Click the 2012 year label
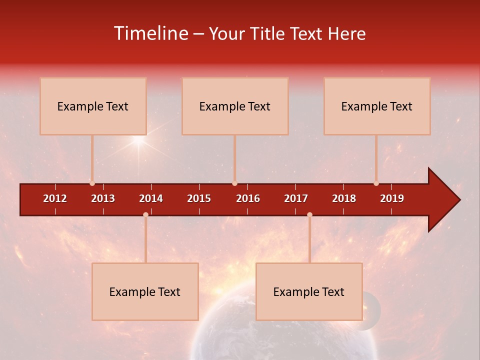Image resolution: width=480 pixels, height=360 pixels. (x=55, y=198)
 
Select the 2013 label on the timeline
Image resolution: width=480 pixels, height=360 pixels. (x=103, y=198)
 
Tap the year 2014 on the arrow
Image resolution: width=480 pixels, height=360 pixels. (x=151, y=198)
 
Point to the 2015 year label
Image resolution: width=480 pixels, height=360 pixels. (x=199, y=198)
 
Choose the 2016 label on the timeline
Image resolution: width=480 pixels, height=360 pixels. (x=248, y=198)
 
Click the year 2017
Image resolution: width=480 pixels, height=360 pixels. (x=296, y=198)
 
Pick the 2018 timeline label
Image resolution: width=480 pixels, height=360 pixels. (x=344, y=198)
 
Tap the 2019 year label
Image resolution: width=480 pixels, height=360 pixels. (x=392, y=198)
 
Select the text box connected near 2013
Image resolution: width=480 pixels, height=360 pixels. (x=93, y=106)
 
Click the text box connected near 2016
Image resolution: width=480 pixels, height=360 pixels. (x=235, y=106)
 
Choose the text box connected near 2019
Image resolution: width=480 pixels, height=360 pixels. (x=377, y=106)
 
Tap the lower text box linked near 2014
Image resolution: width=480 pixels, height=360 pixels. (x=145, y=291)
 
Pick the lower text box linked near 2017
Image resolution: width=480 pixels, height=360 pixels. (x=309, y=291)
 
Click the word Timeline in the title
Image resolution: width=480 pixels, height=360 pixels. (x=150, y=33)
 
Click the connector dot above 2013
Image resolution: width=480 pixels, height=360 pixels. (x=92, y=183)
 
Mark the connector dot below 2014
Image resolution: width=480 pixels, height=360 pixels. (x=145, y=214)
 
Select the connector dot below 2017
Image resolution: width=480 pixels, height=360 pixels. (x=309, y=214)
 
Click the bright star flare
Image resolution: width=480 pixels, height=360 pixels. (x=138, y=141)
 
